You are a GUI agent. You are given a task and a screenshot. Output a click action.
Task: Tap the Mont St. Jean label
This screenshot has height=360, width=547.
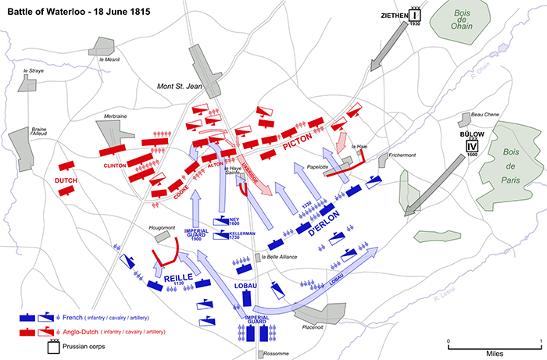tap(179, 86)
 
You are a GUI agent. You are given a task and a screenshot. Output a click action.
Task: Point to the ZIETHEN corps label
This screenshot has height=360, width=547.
tap(395, 15)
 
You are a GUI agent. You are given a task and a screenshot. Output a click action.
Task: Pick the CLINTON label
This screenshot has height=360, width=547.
tap(115, 166)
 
